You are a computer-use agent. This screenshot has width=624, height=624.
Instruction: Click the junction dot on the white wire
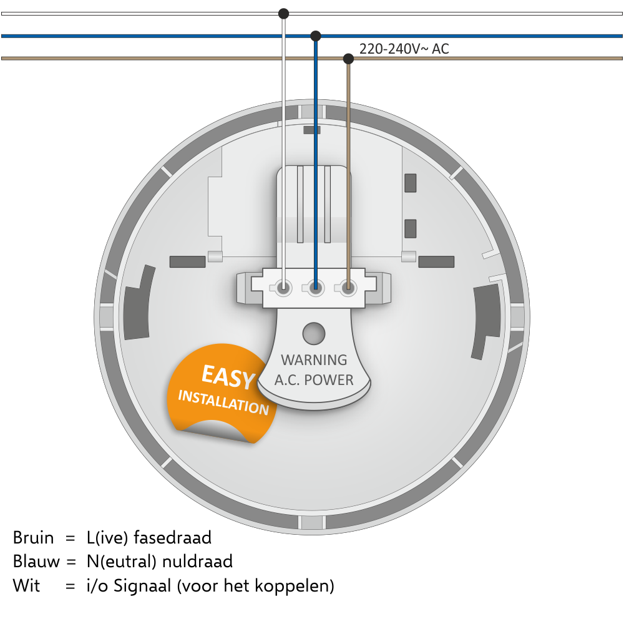(283, 14)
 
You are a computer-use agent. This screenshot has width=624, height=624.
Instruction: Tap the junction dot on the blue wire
(316, 36)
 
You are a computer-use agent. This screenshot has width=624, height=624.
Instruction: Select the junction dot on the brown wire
(348, 59)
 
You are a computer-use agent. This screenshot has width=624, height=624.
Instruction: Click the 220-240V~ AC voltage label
(404, 49)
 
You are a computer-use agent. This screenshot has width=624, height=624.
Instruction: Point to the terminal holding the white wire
(283, 287)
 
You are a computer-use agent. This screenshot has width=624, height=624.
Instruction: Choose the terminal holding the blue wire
(316, 287)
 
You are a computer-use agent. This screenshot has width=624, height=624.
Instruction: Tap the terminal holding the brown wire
(348, 287)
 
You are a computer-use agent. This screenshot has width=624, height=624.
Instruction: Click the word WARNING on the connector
(314, 360)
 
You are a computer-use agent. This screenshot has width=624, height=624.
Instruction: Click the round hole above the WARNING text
(314, 333)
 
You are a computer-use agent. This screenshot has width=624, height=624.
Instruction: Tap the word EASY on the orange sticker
(228, 377)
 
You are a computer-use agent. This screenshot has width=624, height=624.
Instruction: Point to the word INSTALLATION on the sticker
(223, 402)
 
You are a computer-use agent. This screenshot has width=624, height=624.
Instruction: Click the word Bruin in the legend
(33, 538)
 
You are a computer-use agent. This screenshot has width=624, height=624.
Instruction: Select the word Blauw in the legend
(36, 562)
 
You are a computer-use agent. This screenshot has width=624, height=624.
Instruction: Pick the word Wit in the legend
(26, 586)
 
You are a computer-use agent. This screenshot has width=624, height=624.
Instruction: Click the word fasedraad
(172, 538)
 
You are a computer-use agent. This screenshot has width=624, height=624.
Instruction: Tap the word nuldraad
(197, 562)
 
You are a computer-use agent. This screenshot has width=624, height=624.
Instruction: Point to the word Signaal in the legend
(142, 587)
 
